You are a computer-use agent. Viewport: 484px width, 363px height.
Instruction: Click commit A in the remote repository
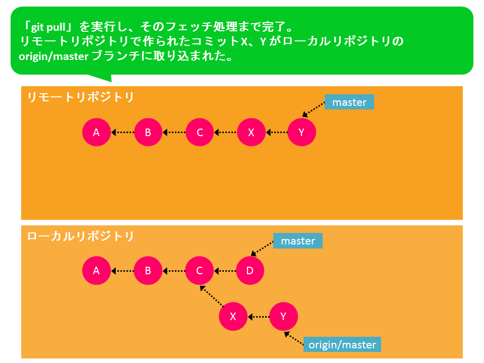coord(96,132)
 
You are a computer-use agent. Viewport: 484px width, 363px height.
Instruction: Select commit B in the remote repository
coord(148,132)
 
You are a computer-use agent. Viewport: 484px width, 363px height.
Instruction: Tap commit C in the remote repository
coord(200,132)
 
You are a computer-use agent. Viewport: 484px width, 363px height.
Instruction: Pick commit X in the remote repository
coord(251,132)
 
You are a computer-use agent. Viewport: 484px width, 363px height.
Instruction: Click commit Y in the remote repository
coord(301,132)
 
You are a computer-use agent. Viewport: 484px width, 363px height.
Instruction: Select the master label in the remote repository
coord(349,102)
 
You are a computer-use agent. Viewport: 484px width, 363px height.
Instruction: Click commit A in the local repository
coord(96,270)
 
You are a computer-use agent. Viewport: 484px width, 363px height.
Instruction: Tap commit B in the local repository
coord(148,270)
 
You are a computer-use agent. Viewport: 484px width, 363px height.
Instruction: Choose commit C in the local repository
coord(200,270)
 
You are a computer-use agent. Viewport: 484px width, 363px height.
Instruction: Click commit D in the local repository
coord(250,270)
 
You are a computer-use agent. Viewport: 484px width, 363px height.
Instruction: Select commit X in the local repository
coord(233,317)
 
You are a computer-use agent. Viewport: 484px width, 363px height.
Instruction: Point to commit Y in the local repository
coord(283,317)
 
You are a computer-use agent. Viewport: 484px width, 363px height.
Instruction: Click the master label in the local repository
coord(298,241)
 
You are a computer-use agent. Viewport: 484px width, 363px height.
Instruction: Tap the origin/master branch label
coord(342,344)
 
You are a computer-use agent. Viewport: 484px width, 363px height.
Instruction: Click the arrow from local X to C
coord(212,296)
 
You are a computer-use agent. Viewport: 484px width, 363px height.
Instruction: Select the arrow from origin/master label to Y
coord(293,338)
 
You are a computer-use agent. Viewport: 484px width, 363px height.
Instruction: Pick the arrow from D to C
coord(225,271)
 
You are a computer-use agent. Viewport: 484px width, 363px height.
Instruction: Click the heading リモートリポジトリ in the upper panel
coord(81,97)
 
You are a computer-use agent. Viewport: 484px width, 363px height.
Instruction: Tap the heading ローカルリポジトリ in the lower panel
coord(81,236)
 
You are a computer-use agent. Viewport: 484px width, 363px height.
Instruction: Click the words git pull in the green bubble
coord(48,27)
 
